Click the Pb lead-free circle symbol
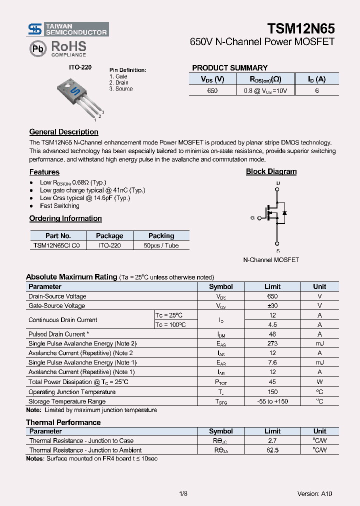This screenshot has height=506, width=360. point(37,48)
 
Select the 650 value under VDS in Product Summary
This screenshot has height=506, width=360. point(212,91)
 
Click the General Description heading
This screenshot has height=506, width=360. point(63,132)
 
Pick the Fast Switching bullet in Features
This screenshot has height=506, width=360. point(59,206)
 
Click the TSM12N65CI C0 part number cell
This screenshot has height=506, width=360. point(58,245)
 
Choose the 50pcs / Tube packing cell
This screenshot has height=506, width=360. point(161,245)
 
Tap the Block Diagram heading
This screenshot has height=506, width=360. point(271,171)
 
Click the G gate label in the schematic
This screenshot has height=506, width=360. point(252,218)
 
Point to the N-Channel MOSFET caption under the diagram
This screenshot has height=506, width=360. point(271,260)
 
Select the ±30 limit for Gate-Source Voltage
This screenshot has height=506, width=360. point(272,305)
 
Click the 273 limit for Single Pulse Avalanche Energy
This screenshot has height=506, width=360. point(272,343)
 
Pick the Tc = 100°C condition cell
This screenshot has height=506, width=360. point(170,325)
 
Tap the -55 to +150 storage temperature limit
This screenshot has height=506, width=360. point(272,401)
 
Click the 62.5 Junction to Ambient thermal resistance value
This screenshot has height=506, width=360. point(272,450)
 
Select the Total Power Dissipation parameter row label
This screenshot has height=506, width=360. point(78,382)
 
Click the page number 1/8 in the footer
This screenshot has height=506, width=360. point(183,493)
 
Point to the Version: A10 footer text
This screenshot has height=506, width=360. point(314,493)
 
